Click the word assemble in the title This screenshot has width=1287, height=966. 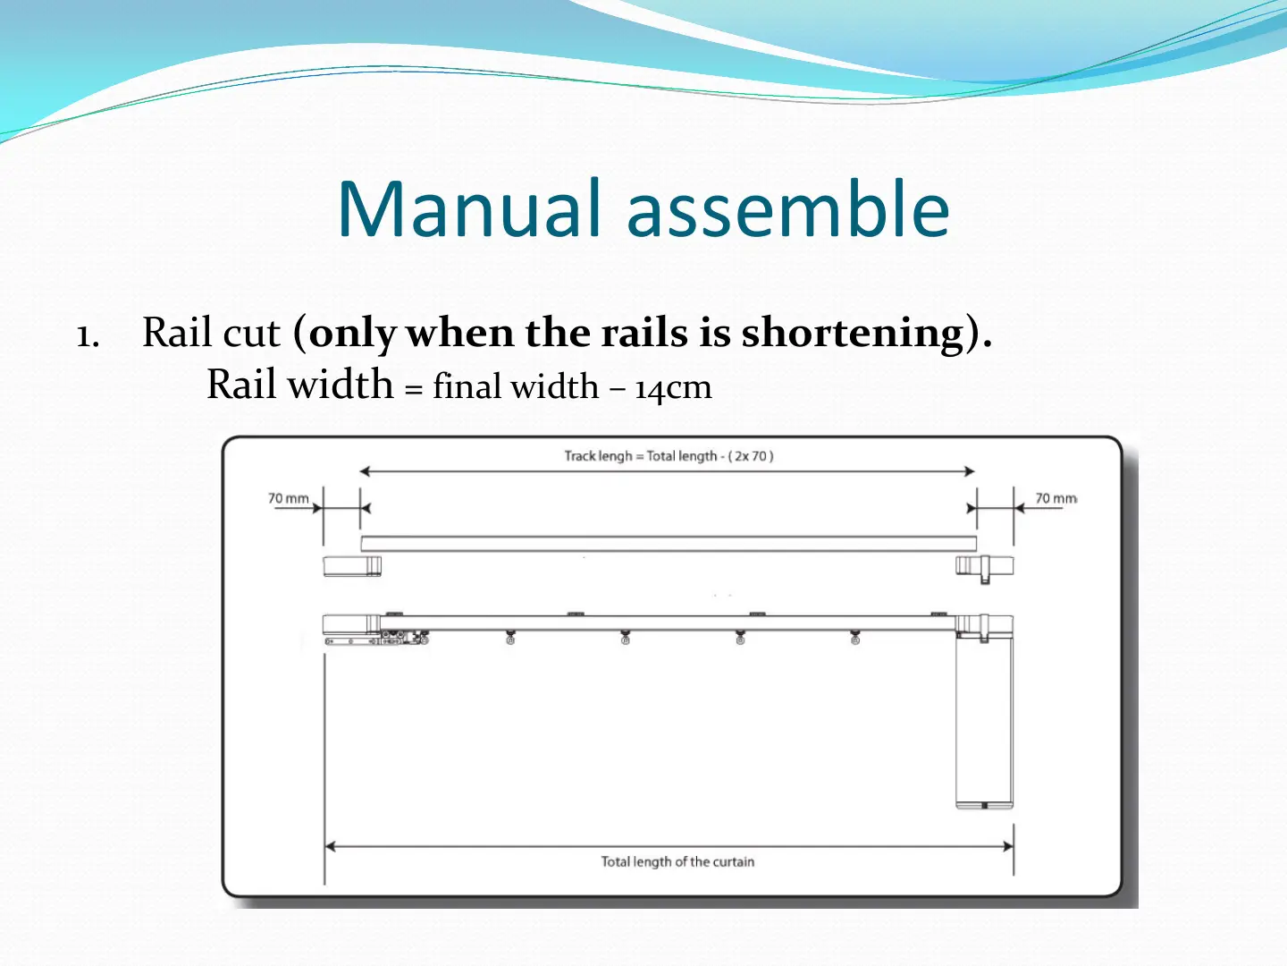pyautogui.click(x=788, y=208)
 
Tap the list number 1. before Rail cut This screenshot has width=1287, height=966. pyautogui.click(x=88, y=336)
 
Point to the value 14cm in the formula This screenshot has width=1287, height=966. pyautogui.click(x=673, y=388)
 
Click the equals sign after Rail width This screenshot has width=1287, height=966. pyautogui.click(x=414, y=389)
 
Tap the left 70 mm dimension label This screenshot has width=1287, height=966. pyautogui.click(x=288, y=498)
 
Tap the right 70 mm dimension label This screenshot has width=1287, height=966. pyautogui.click(x=1056, y=498)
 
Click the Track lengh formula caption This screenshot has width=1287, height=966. pyautogui.click(x=669, y=456)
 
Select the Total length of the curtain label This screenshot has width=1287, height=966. pyautogui.click(x=677, y=861)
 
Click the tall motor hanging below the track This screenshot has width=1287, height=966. pyautogui.click(x=984, y=722)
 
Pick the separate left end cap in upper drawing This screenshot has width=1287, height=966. pyautogui.click(x=352, y=566)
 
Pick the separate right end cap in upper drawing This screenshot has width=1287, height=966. pyautogui.click(x=984, y=567)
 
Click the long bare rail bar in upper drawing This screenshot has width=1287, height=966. pyautogui.click(x=669, y=544)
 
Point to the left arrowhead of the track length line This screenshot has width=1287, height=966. pyautogui.click(x=365, y=471)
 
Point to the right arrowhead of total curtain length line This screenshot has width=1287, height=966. pyautogui.click(x=1008, y=846)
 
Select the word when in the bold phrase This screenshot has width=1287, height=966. pyautogui.click(x=459, y=333)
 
